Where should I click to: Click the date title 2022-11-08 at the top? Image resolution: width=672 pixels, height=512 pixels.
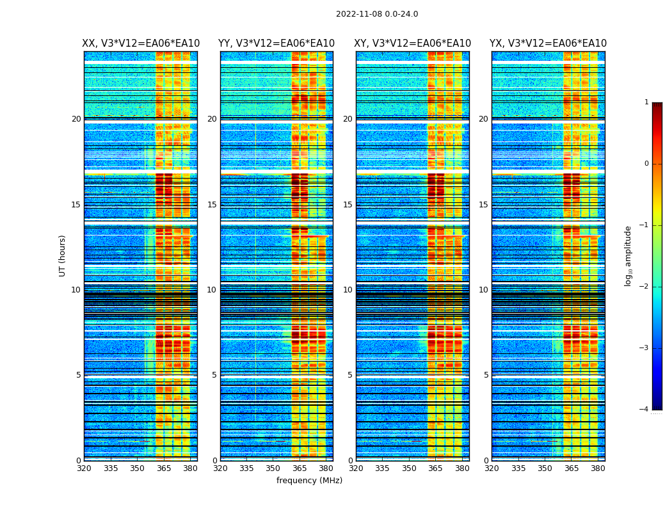376,14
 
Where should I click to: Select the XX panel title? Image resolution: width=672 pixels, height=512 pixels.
141,44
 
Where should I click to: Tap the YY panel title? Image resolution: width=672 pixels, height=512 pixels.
276,44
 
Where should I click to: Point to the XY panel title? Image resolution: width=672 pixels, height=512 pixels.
413,44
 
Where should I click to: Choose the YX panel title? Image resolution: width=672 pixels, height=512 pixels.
548,44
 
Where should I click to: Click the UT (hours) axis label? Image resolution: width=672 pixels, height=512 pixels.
63,255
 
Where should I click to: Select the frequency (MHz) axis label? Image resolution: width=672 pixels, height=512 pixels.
309,481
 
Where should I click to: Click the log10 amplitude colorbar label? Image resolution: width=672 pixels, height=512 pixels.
628,255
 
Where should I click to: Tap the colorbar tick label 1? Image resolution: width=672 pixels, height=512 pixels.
646,102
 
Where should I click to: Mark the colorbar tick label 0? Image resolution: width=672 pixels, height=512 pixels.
646,164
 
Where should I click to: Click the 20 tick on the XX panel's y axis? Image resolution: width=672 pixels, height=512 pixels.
76,119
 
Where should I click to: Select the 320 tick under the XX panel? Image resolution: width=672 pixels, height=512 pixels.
84,468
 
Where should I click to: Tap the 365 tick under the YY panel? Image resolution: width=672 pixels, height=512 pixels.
300,468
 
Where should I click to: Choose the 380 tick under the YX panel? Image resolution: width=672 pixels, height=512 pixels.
598,468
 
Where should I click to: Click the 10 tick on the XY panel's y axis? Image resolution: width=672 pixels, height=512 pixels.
348,290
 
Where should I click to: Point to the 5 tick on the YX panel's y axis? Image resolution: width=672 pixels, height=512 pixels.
486,375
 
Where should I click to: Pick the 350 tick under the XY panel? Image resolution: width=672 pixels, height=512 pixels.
409,468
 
